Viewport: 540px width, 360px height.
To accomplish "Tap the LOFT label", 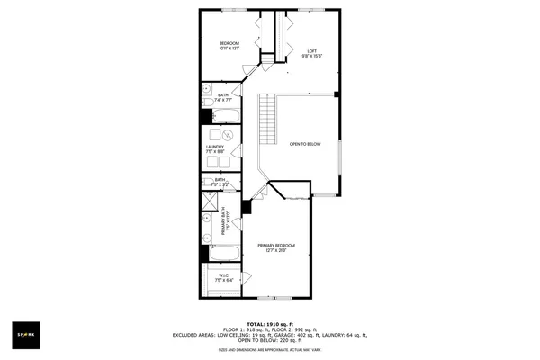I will (x=312, y=50).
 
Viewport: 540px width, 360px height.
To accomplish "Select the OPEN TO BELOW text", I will (x=305, y=144).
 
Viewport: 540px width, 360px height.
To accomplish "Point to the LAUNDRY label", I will (x=214, y=147).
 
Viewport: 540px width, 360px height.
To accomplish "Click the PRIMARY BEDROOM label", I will (x=276, y=246).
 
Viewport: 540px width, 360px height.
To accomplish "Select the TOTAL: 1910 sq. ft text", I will (x=269, y=323).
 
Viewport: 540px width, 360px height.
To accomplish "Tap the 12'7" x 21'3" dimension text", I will (x=276, y=251).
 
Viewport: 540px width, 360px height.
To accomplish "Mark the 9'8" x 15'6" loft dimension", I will (x=312, y=56).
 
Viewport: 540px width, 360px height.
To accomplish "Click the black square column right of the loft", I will (x=337, y=94).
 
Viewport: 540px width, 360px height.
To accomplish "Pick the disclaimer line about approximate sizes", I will (x=269, y=350).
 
